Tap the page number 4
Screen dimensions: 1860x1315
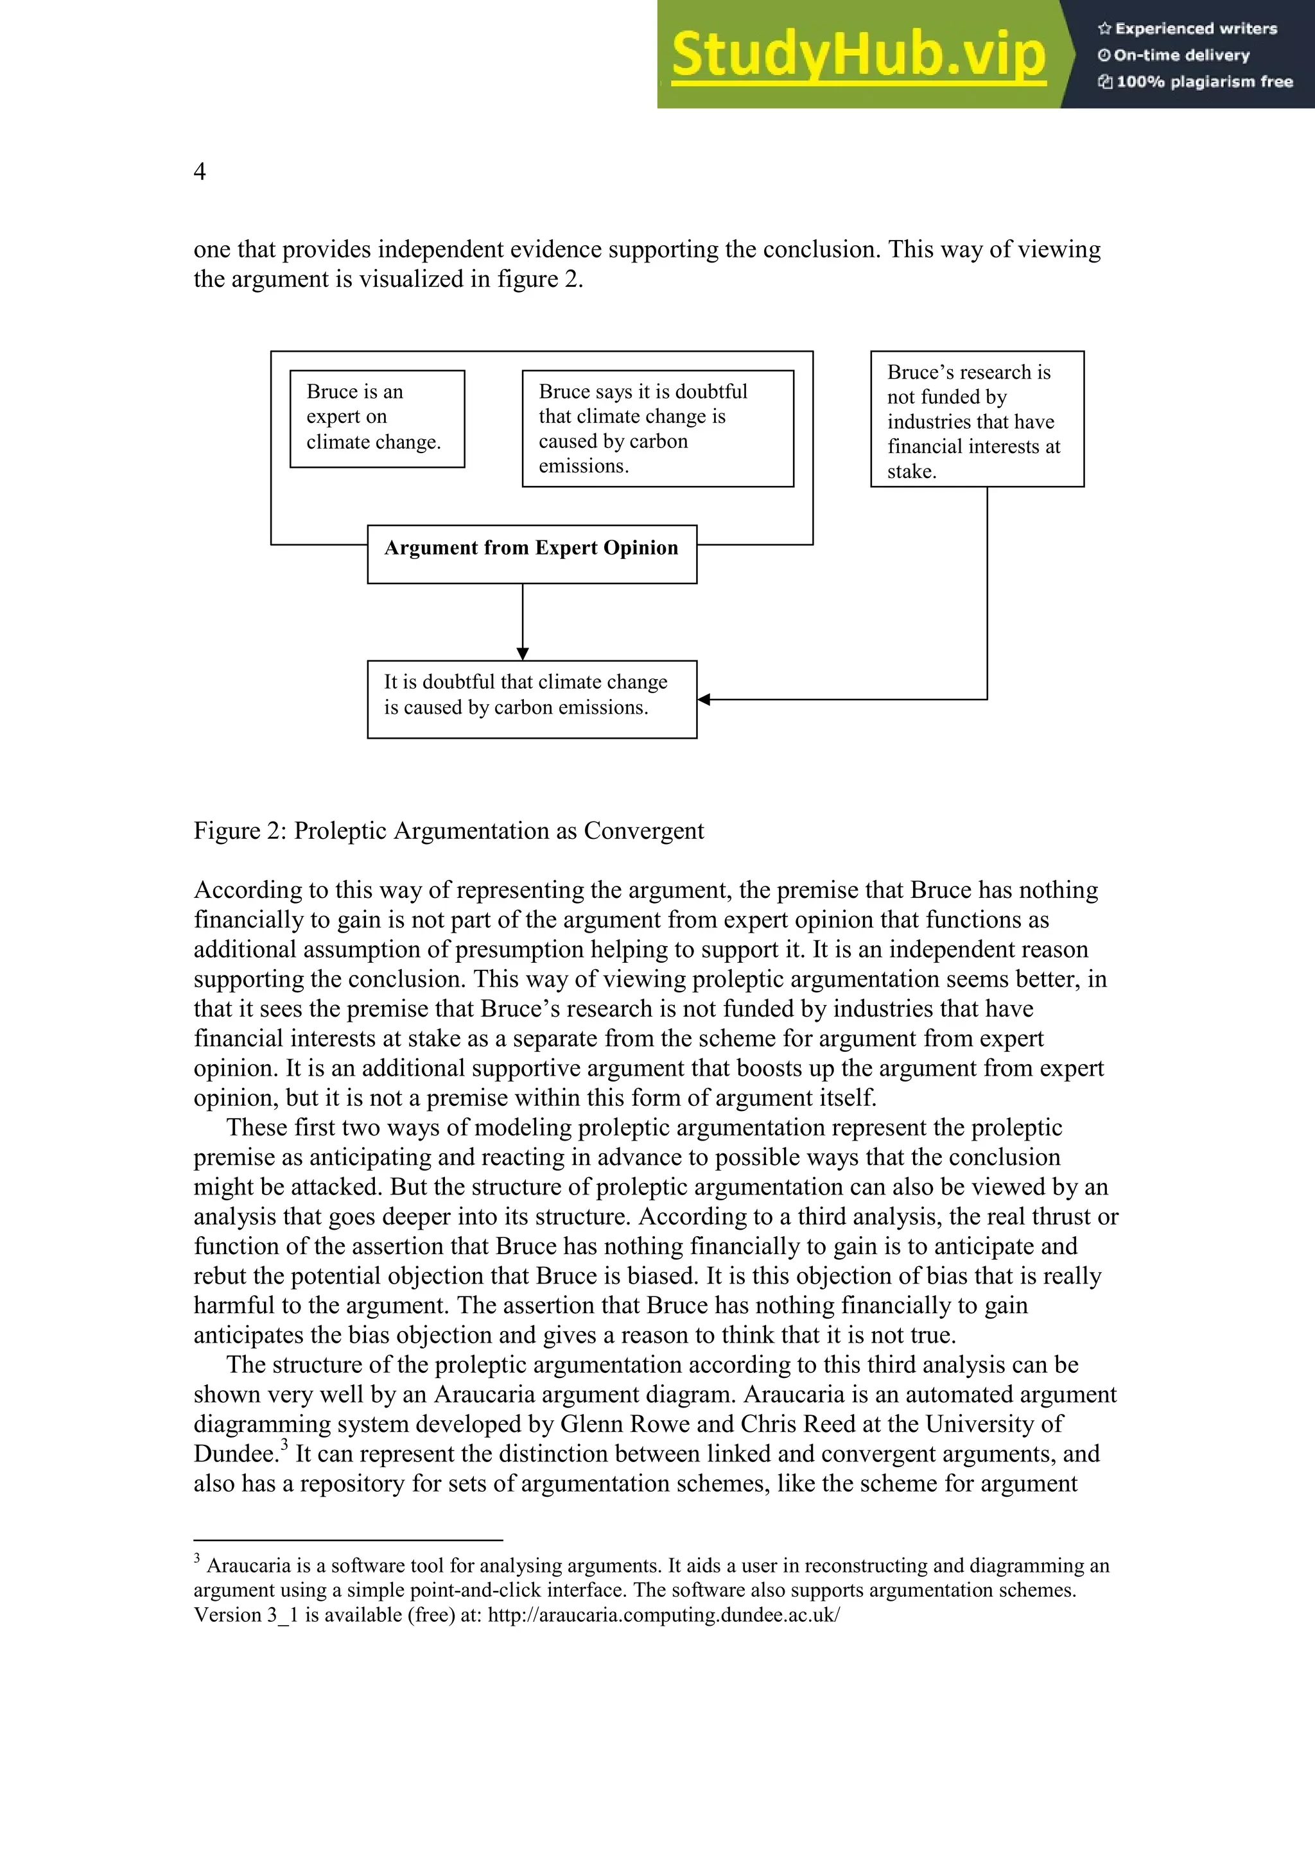click(x=199, y=172)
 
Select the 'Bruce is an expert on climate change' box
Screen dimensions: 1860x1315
click(x=377, y=418)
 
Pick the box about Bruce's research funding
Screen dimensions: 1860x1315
click(x=977, y=419)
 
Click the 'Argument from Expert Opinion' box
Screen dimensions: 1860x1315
click(x=532, y=553)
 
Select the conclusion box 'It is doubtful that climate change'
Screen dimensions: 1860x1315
click(x=532, y=698)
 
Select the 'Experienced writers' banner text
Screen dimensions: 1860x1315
click(x=1195, y=29)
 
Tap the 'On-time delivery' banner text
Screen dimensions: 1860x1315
click(x=1181, y=56)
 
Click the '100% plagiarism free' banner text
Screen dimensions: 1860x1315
click(x=1203, y=82)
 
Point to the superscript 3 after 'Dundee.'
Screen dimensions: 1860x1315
click(x=284, y=1443)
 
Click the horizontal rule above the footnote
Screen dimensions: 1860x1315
click(x=349, y=1540)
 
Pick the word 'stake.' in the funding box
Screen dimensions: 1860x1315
click(x=912, y=472)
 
